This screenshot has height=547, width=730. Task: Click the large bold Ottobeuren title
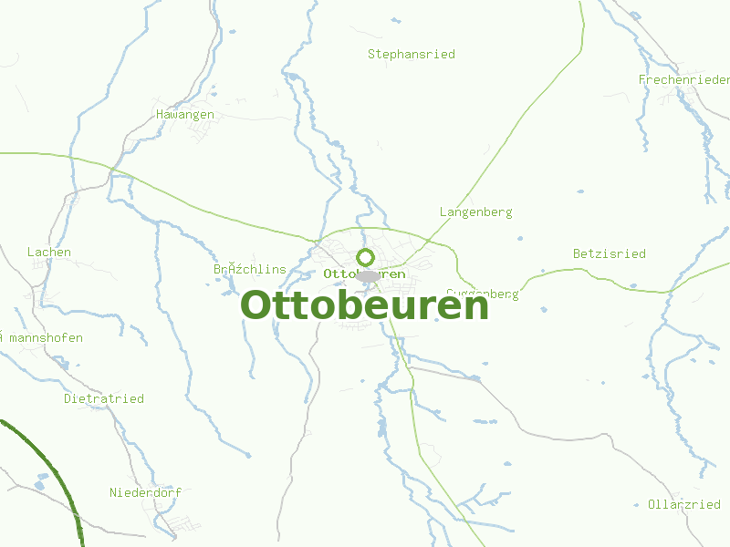point(365,305)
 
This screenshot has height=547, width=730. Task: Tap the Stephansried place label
point(411,55)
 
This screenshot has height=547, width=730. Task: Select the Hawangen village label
point(185,115)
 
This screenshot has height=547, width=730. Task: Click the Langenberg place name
point(475,212)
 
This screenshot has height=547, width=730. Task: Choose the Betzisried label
point(609,253)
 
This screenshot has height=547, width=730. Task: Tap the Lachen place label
point(49,253)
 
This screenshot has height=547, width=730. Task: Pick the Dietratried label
point(104,399)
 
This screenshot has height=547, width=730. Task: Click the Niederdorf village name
point(145,493)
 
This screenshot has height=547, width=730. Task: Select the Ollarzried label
point(683,505)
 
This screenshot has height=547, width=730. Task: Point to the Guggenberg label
point(484,294)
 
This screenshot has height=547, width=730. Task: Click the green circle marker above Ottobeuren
point(366,258)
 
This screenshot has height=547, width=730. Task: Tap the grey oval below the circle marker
point(368,276)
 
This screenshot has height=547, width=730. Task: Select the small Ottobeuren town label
point(364,273)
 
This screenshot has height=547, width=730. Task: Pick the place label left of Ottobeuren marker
point(249,270)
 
